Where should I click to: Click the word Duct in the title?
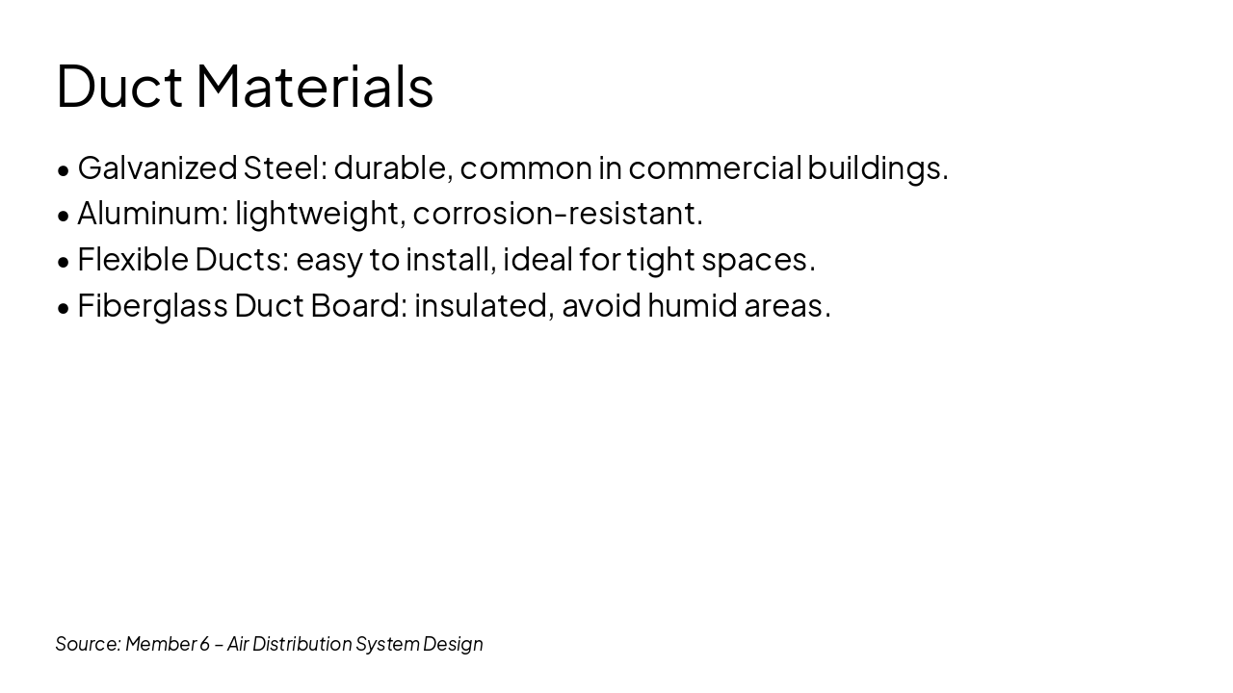click(118, 86)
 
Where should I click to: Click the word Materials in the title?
click(315, 86)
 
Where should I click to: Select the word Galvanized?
click(157, 168)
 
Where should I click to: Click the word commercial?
click(715, 167)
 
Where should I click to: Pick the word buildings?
click(878, 168)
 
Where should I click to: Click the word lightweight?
click(319, 214)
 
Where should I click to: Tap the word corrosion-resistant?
click(558, 213)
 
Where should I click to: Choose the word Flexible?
click(133, 259)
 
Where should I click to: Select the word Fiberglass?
click(152, 306)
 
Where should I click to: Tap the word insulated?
click(484, 305)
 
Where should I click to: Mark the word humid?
click(692, 305)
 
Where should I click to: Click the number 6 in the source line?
click(204, 644)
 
